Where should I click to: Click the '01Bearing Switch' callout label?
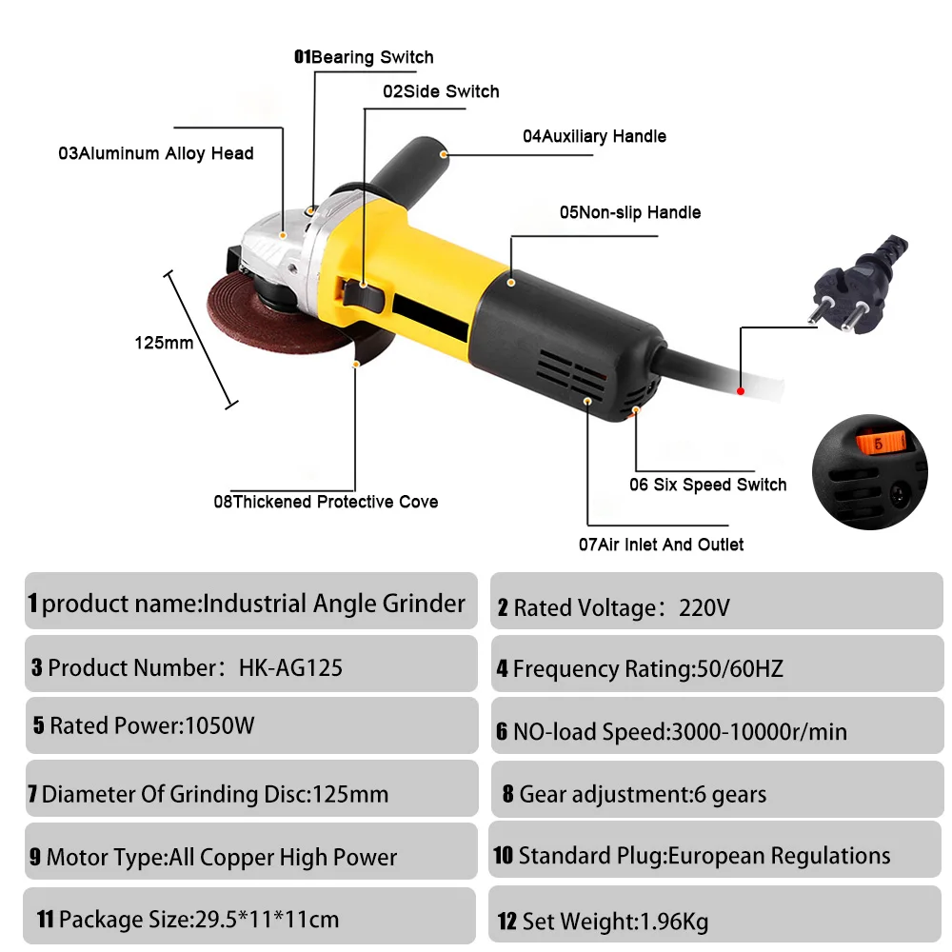click(364, 57)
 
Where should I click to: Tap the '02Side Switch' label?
click(441, 91)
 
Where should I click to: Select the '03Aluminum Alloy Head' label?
click(156, 153)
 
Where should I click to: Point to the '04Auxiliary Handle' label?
click(594, 136)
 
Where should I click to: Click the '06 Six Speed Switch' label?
click(708, 485)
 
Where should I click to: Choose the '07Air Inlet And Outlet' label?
click(662, 545)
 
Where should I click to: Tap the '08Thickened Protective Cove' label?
click(326, 502)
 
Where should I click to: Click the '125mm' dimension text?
click(164, 343)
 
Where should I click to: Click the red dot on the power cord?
click(740, 391)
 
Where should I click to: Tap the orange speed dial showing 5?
click(881, 443)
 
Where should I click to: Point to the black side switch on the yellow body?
click(363, 294)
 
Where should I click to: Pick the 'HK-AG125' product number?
click(290, 668)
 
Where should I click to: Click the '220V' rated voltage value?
click(704, 607)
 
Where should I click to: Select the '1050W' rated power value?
click(219, 725)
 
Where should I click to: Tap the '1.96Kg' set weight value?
click(675, 922)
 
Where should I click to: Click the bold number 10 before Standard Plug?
click(504, 856)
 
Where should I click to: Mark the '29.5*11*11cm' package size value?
click(267, 920)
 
